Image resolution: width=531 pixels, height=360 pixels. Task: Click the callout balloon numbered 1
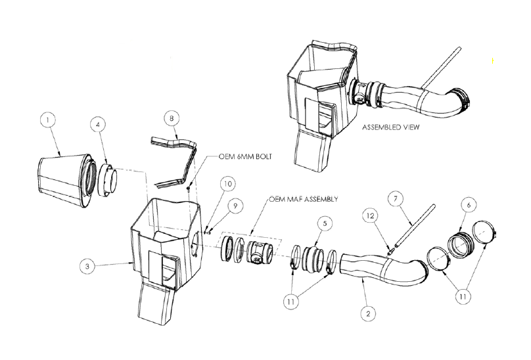(48, 120)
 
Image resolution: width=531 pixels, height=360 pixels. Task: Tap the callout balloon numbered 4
(98, 124)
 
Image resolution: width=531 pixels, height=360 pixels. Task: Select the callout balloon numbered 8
(172, 118)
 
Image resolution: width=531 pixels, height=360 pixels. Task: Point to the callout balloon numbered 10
(228, 183)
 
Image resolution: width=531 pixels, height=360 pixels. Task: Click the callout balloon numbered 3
(87, 266)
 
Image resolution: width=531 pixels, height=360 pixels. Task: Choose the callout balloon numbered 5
(325, 223)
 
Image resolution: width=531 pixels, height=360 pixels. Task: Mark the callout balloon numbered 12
(371, 215)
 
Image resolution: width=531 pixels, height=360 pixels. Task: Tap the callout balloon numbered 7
(396, 199)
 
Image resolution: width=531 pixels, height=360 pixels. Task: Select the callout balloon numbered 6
(469, 205)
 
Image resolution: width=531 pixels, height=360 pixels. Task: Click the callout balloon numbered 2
(369, 313)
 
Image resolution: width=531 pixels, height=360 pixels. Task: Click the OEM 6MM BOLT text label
(245, 157)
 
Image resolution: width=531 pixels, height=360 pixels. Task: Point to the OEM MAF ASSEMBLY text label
(304, 199)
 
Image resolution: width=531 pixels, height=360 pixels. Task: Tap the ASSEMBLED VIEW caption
(390, 127)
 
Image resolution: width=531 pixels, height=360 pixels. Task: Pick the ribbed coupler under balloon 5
(311, 258)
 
